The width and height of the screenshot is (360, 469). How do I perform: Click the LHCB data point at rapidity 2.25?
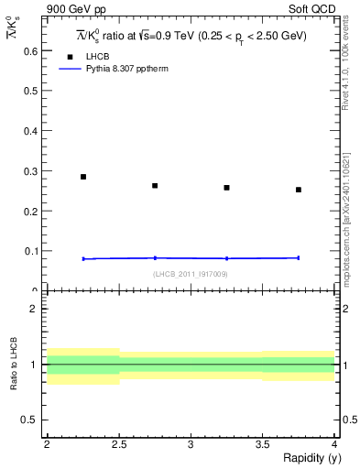click(x=83, y=177)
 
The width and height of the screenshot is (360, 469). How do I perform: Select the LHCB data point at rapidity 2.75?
click(x=155, y=186)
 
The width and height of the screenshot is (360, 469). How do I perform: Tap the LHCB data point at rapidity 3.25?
click(x=226, y=188)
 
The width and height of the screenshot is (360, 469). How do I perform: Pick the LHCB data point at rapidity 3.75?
click(x=299, y=190)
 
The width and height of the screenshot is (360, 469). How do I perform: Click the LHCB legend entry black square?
click(x=70, y=57)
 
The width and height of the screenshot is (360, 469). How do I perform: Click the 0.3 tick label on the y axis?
click(x=34, y=171)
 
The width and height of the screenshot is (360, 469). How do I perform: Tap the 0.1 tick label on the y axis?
click(x=34, y=251)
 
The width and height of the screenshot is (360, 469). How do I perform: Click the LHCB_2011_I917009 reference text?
click(x=191, y=273)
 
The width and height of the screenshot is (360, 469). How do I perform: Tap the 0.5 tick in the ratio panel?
click(x=34, y=420)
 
